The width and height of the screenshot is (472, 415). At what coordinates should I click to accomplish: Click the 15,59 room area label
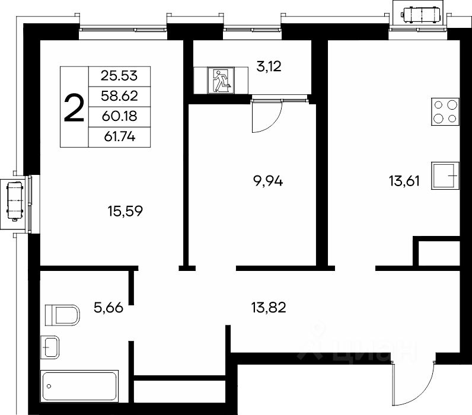pos(125,211)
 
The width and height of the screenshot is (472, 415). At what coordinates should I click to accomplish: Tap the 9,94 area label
pos(268,181)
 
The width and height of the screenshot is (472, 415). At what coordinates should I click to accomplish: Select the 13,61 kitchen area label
pos(404,181)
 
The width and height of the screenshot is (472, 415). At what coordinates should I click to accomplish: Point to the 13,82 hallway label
pos(269,308)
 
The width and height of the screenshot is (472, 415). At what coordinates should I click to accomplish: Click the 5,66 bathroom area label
pos(109,308)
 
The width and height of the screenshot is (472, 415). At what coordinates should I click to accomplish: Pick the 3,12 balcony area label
pos(269,66)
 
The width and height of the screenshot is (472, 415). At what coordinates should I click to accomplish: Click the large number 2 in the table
pos(74,107)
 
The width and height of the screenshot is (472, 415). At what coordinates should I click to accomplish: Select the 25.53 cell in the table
pos(119,76)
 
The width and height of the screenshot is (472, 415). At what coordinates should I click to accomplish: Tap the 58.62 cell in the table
pos(119,96)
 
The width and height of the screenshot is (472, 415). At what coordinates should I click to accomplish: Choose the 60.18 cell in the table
pos(119,116)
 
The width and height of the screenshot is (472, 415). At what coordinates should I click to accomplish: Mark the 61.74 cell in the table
pos(119,137)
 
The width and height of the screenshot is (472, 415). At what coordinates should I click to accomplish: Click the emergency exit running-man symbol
pos(221,81)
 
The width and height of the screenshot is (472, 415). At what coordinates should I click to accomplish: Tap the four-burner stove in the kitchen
pos(445,111)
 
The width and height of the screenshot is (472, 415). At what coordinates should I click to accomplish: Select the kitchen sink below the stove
pos(445,175)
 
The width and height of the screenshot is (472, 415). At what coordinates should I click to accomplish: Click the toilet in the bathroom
pos(62,315)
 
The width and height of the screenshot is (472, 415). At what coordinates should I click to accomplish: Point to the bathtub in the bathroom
pos(79,386)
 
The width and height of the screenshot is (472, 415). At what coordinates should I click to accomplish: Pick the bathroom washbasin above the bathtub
pos(50,347)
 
